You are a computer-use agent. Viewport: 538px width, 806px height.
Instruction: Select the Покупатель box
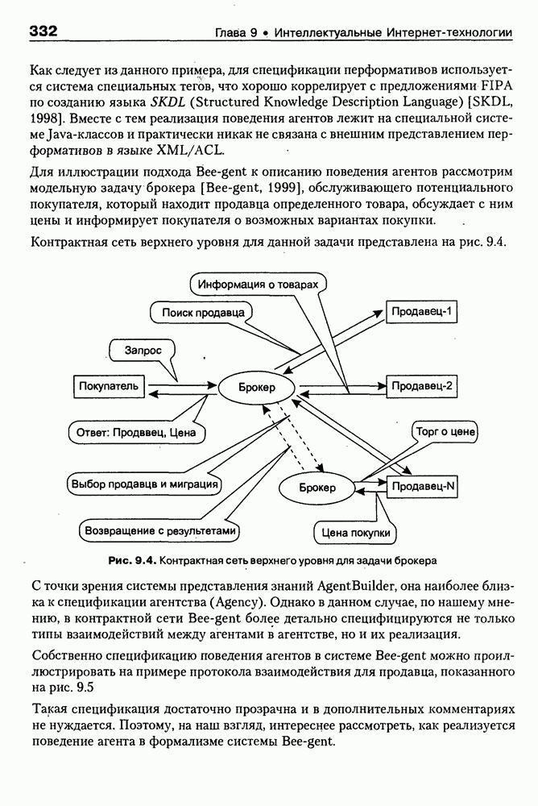point(110,386)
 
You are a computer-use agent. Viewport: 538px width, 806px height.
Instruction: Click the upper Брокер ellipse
point(256,388)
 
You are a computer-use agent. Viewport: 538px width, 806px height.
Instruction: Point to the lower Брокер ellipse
point(317,487)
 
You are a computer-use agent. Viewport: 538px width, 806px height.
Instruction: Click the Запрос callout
point(143,351)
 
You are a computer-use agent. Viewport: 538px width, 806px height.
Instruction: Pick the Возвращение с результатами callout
point(160,530)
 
